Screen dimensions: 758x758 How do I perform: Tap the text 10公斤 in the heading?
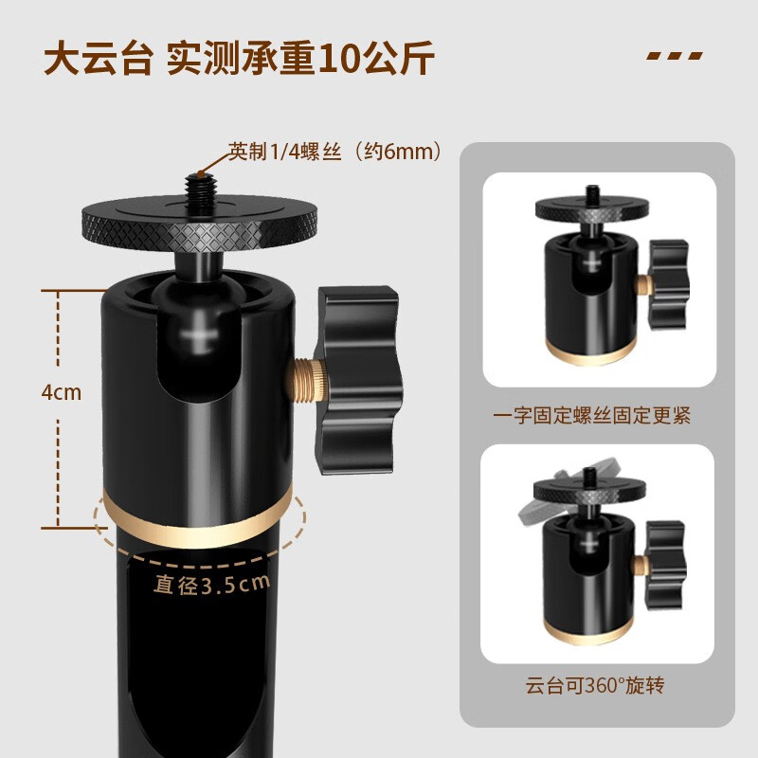pos(376,59)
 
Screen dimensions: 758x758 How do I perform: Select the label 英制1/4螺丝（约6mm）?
pos(335,152)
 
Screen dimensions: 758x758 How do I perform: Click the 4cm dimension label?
pos(62,392)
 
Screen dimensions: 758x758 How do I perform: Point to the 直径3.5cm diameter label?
pos(211,584)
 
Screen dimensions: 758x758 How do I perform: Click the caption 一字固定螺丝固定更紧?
pos(591,415)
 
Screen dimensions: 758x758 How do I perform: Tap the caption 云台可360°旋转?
pos(595,685)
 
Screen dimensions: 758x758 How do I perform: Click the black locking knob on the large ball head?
pos(357,380)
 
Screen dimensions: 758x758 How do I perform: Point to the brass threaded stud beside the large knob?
pos(306,380)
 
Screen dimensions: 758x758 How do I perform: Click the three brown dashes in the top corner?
pos(675,56)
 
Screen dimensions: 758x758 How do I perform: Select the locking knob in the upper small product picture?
pos(669,284)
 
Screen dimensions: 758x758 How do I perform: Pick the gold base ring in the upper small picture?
pos(590,352)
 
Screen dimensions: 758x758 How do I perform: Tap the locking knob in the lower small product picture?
pos(666,565)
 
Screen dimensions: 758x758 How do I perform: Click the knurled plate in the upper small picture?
pos(591,208)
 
